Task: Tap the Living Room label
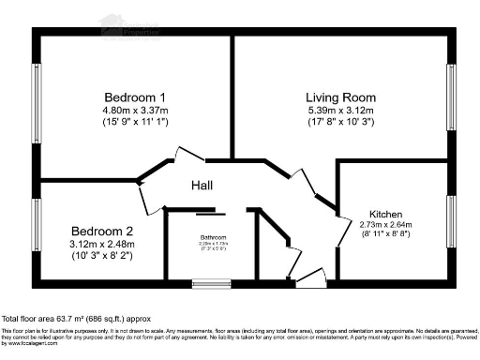tap(340, 97)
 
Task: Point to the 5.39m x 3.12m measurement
tap(340, 111)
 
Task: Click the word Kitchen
tap(385, 213)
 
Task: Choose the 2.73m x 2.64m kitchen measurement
tap(385, 225)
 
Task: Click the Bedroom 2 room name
tap(103, 231)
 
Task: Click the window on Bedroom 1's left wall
tap(37, 102)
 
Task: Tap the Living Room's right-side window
tap(451, 97)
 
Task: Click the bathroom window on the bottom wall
tap(205, 281)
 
